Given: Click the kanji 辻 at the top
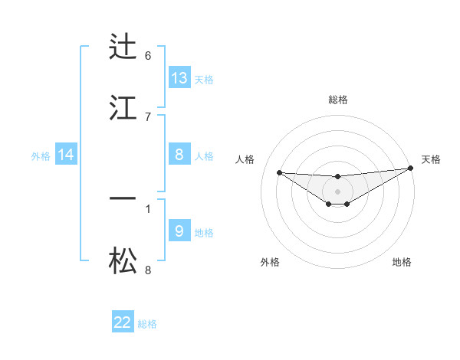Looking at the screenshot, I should [x=123, y=47].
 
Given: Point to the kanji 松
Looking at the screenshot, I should [x=123, y=260].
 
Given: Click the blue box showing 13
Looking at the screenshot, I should [x=179, y=77].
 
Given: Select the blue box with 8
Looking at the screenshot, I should [x=179, y=154].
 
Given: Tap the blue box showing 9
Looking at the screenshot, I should [x=179, y=231].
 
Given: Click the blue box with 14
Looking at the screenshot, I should [x=66, y=155].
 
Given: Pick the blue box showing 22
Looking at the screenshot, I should [x=123, y=322].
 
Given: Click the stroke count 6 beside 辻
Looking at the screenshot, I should [x=148, y=55].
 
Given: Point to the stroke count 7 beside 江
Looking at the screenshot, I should [x=148, y=116].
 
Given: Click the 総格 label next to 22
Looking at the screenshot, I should [x=147, y=324].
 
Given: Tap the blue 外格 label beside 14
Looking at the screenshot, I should [x=41, y=155].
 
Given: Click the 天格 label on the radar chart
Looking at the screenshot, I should [x=431, y=159].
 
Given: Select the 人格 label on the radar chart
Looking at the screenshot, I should [x=245, y=159].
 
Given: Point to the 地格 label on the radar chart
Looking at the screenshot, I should [x=402, y=262].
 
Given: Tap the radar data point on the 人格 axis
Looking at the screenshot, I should [x=279, y=172].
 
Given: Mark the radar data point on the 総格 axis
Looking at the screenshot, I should [x=337, y=177].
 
